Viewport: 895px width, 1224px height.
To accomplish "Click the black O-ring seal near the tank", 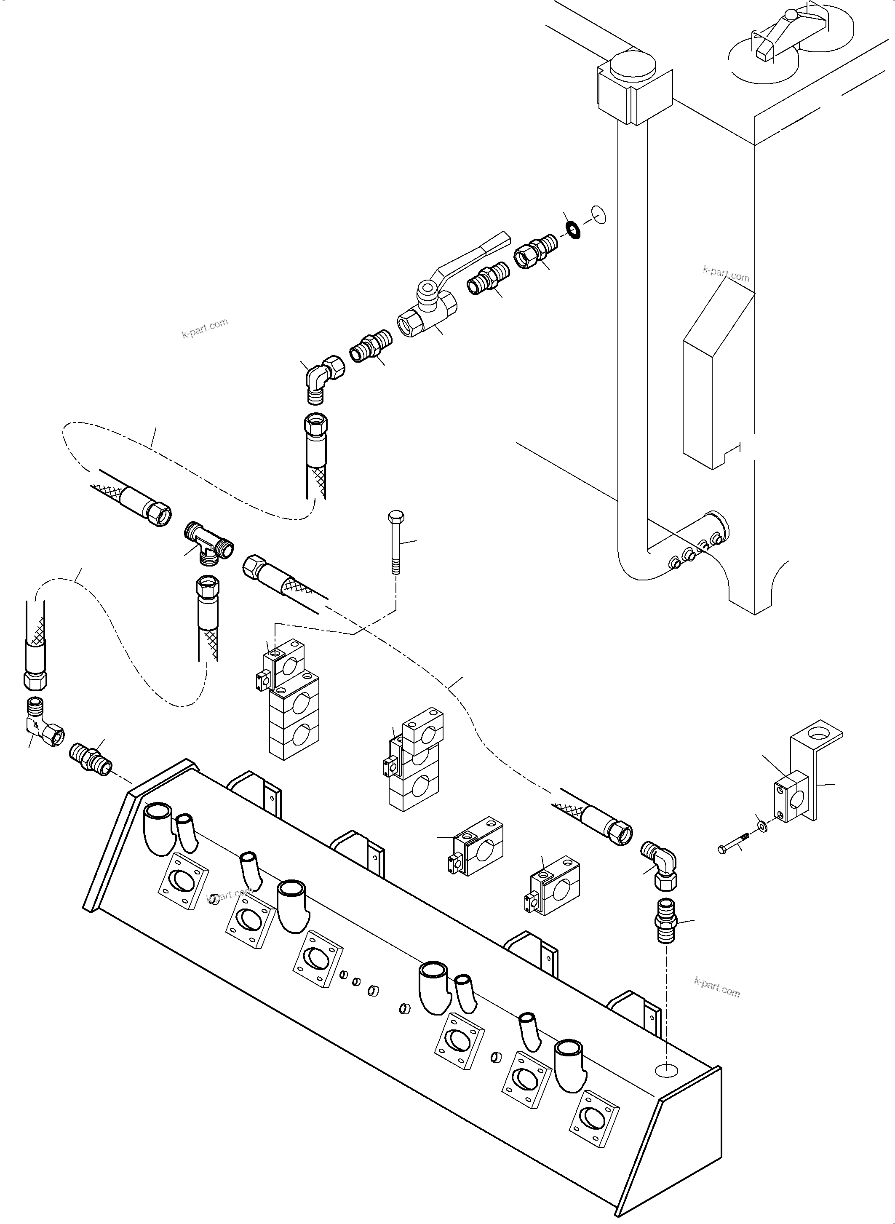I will point(572,229).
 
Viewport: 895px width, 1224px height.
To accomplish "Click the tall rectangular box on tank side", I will point(717,379).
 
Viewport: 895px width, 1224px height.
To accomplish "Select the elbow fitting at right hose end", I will point(660,868).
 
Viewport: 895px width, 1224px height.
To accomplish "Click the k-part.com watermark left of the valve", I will point(205,328).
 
